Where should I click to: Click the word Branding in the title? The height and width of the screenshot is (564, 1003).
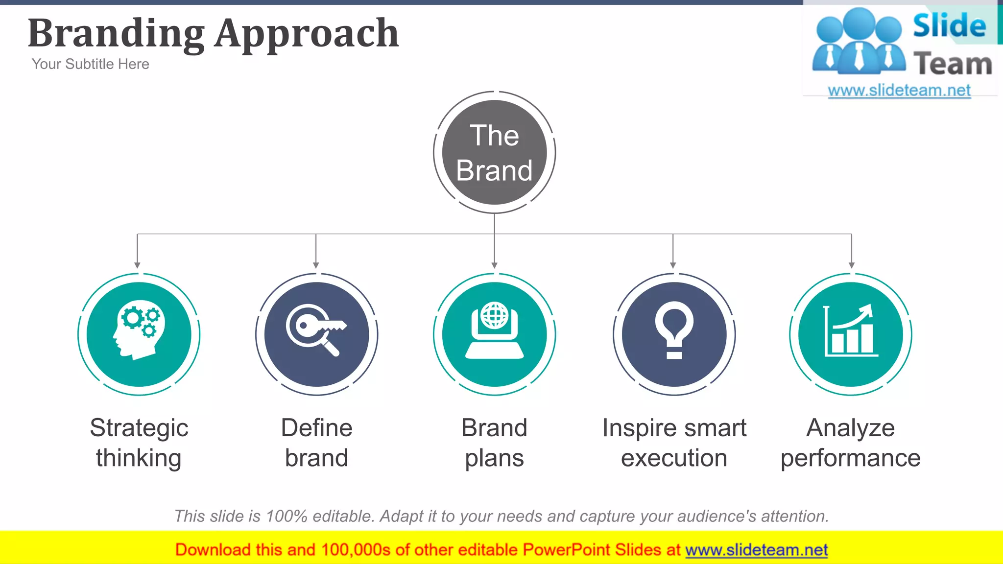[116, 33]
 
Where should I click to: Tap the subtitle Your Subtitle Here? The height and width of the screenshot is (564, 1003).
[90, 64]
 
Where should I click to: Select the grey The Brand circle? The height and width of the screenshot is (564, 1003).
[494, 153]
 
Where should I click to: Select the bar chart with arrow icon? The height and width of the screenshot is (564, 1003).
[851, 331]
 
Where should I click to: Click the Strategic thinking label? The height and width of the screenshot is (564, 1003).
[139, 443]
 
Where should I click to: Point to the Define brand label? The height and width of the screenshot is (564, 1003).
[316, 443]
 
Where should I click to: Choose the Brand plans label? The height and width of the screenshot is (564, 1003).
[494, 443]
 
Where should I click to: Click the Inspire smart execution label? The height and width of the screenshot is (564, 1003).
[674, 443]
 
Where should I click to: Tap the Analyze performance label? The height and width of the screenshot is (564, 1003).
[851, 443]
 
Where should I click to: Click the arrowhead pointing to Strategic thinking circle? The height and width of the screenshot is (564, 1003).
[137, 265]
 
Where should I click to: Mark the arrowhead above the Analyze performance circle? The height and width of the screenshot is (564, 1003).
[852, 265]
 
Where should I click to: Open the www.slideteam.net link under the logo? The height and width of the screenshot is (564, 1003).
[899, 91]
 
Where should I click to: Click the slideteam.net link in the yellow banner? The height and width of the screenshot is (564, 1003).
[756, 550]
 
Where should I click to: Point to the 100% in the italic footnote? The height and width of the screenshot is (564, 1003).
[286, 516]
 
